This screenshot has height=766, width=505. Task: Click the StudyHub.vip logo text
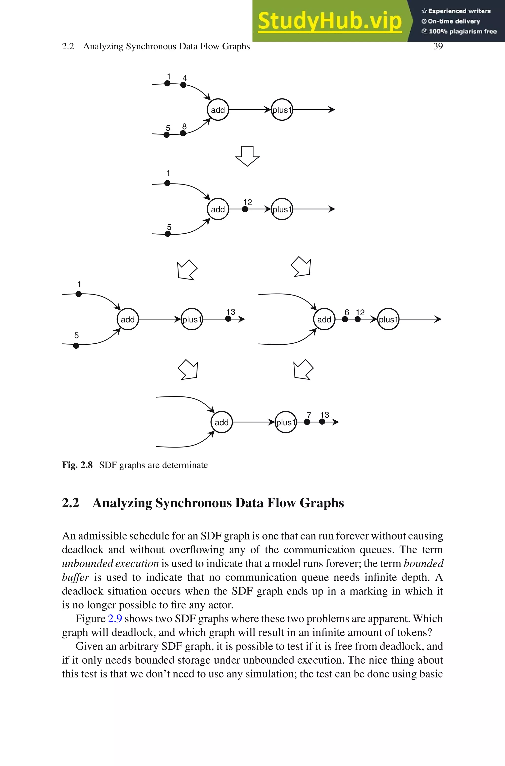click(329, 21)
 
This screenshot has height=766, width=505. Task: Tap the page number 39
click(438, 46)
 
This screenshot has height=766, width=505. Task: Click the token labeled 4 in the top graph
click(183, 85)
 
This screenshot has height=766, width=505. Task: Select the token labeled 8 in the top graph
click(183, 133)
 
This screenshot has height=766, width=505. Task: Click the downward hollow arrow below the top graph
click(247, 156)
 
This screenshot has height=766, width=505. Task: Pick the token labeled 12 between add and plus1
click(245, 209)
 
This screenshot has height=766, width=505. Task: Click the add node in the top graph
click(218, 110)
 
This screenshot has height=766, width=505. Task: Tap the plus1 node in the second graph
click(282, 209)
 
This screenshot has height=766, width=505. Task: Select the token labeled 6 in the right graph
click(345, 319)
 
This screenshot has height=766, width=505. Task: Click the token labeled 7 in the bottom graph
click(307, 422)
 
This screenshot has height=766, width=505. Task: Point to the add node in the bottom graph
click(222, 422)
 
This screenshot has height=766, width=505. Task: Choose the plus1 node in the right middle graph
click(388, 319)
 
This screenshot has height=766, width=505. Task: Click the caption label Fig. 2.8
click(77, 465)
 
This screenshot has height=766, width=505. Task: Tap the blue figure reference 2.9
click(115, 618)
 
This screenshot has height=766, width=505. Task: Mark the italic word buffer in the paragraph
click(75, 577)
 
